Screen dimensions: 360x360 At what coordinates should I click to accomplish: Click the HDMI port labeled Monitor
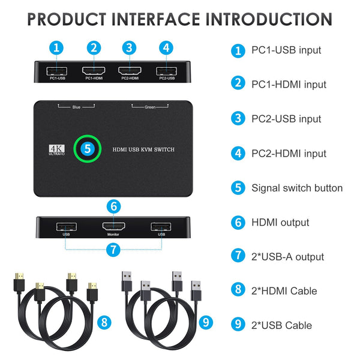click(x=114, y=227)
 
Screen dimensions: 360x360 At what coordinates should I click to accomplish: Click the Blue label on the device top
click(x=76, y=108)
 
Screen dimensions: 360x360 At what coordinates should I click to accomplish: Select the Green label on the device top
click(x=150, y=108)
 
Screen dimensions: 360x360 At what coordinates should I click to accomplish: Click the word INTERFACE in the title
click(x=150, y=19)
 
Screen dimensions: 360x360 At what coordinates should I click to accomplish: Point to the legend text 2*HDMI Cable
click(x=285, y=291)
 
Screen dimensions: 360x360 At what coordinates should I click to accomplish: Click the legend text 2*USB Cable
click(x=282, y=325)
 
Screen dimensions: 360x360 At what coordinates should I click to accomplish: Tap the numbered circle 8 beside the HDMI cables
click(x=106, y=322)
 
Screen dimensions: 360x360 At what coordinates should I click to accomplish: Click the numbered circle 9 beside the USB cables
click(x=206, y=322)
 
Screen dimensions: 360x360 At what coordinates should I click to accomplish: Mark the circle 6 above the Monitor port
click(x=114, y=206)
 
